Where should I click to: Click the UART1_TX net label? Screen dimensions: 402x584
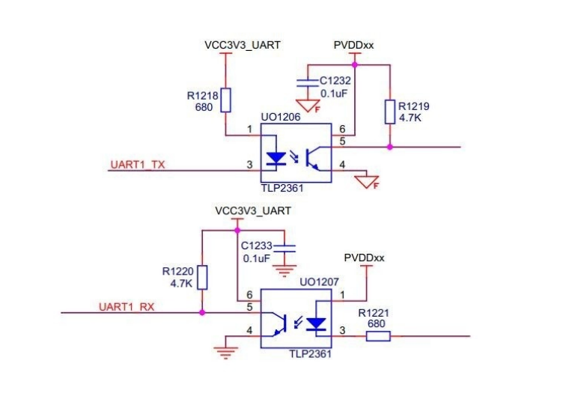(x=137, y=165)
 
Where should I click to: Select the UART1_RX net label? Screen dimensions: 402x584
(x=127, y=306)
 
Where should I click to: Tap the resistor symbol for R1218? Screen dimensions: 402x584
(x=225, y=100)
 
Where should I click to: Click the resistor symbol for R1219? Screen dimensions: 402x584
(x=389, y=112)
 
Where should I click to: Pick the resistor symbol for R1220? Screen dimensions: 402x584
(x=202, y=278)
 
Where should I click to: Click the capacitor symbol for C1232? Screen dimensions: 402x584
(x=304, y=80)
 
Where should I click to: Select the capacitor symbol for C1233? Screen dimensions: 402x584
(x=286, y=246)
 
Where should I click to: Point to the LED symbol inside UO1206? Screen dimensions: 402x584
(x=276, y=159)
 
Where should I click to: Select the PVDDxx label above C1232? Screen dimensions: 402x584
(x=353, y=46)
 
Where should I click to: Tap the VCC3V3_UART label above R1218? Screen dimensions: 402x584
(x=243, y=46)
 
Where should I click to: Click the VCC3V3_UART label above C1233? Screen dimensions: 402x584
(x=252, y=210)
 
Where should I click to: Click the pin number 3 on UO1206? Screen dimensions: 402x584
(x=249, y=165)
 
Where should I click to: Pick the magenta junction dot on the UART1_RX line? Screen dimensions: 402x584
(x=202, y=312)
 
